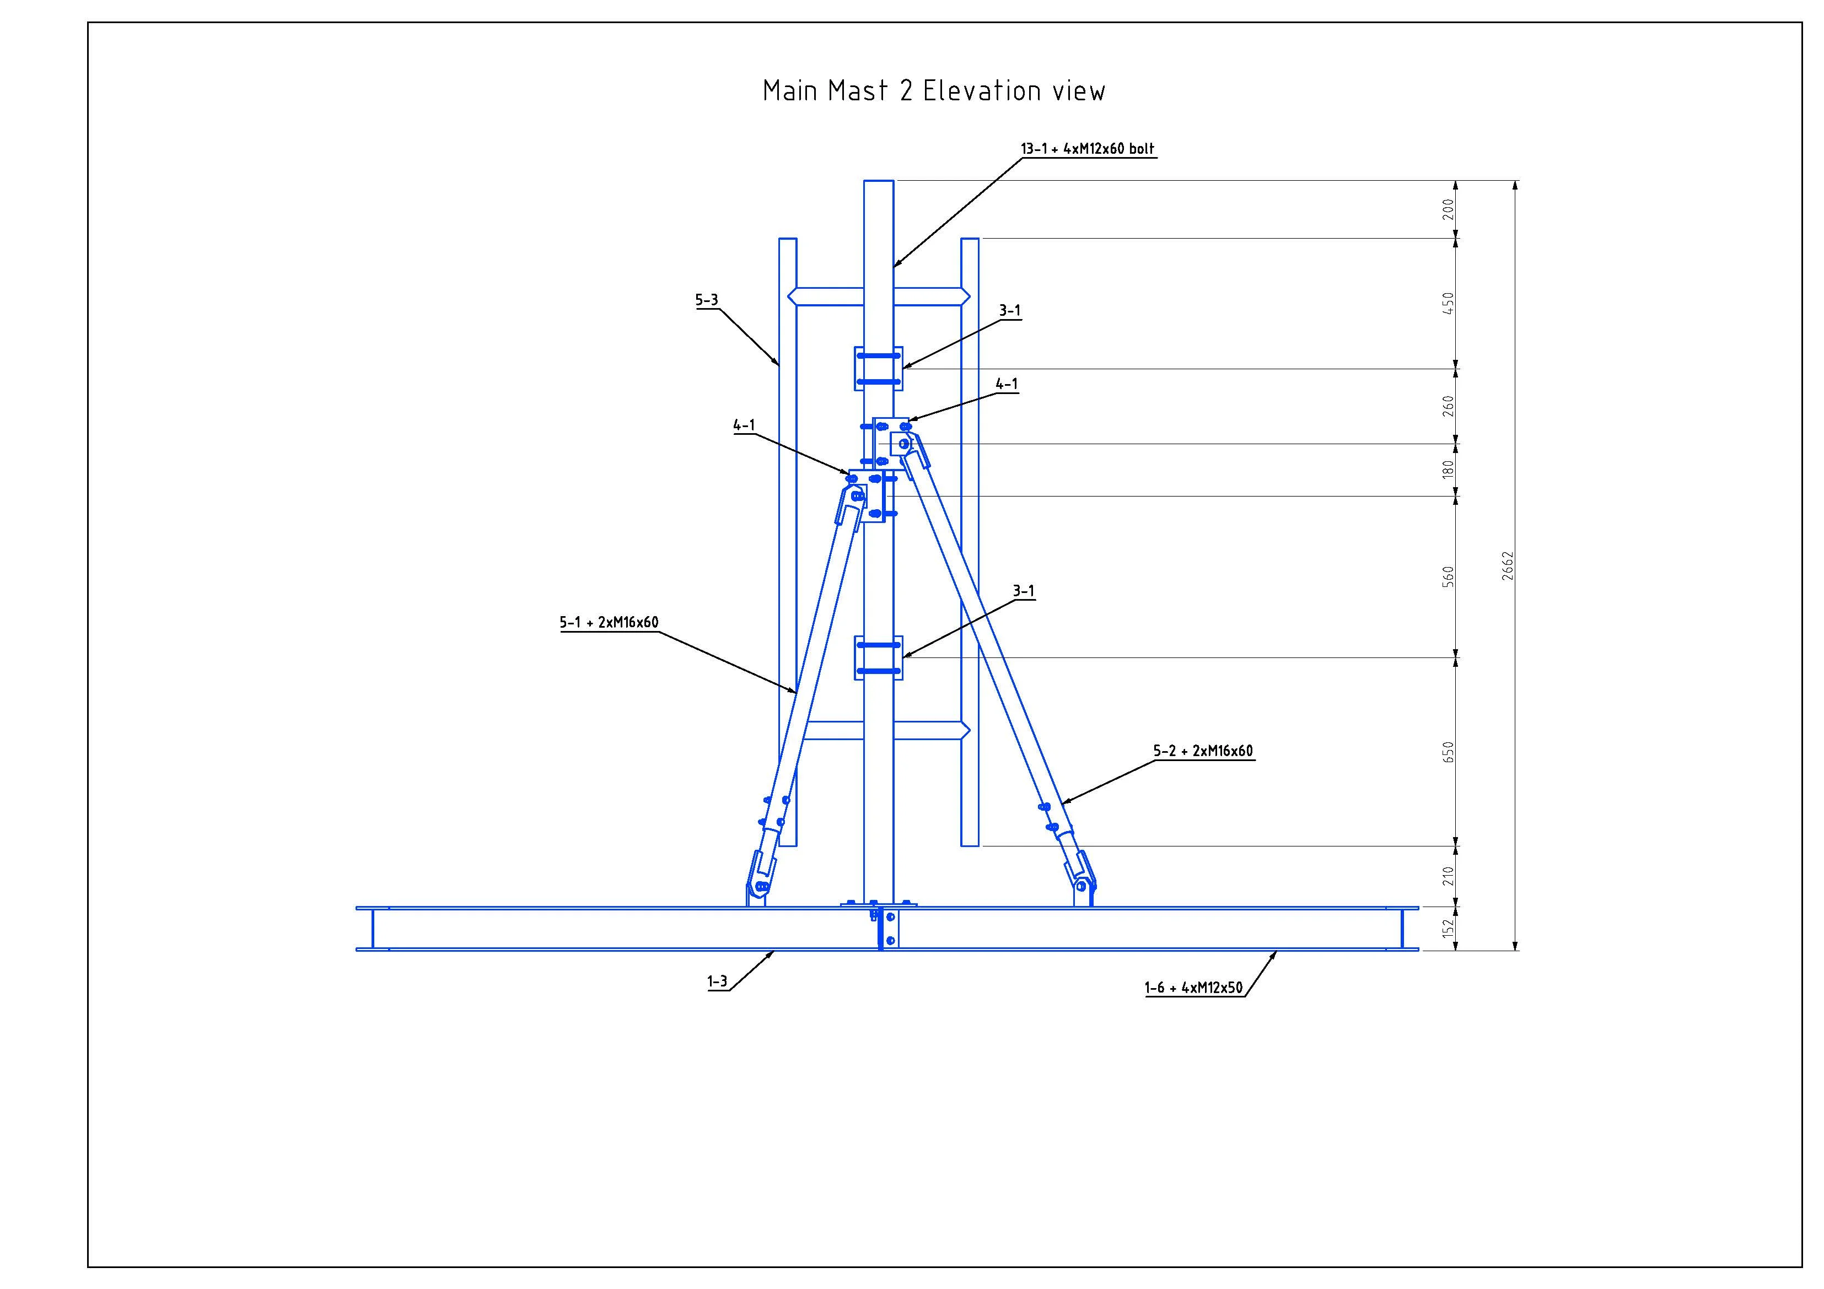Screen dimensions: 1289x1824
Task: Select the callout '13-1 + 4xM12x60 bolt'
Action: click(x=1087, y=148)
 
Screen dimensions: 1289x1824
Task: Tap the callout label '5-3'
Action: click(x=706, y=300)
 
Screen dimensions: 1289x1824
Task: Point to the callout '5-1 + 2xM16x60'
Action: click(x=609, y=623)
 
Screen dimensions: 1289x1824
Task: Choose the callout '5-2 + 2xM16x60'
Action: click(x=1203, y=751)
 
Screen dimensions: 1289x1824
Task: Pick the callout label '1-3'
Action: click(x=717, y=981)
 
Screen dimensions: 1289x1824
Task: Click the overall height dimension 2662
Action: click(x=1508, y=565)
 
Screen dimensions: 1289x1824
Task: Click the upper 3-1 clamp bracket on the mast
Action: click(x=879, y=369)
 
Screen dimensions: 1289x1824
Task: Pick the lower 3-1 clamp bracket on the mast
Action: click(x=879, y=657)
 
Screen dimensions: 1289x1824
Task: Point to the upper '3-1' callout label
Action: click(x=1010, y=310)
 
